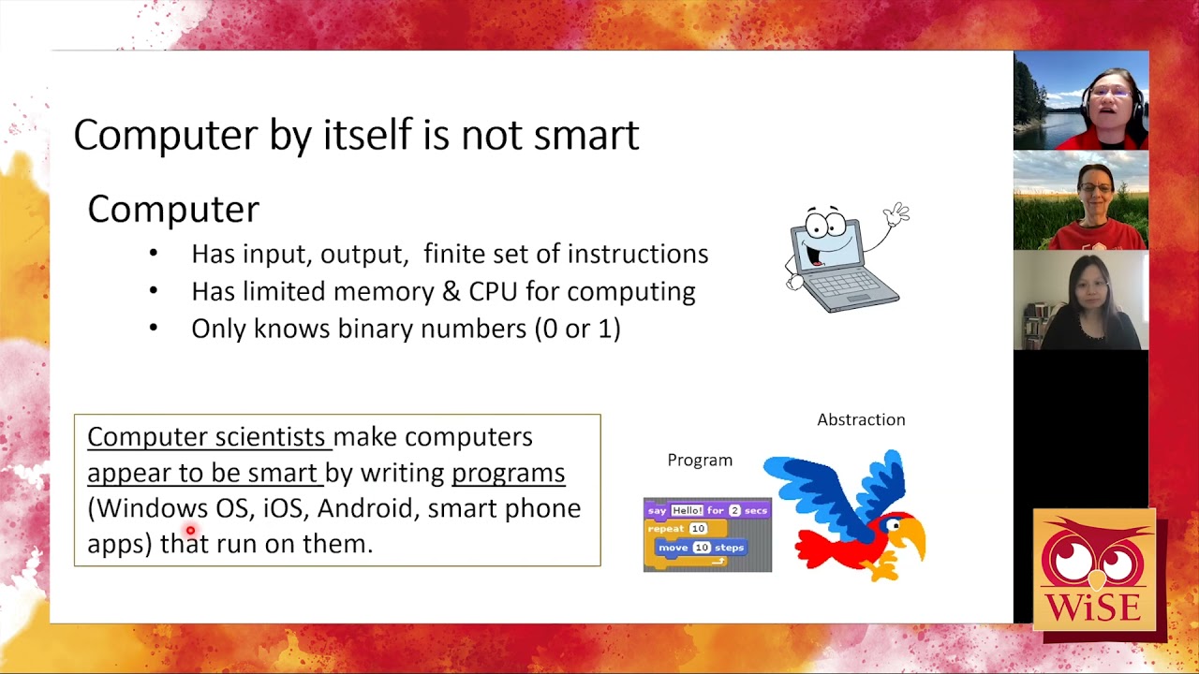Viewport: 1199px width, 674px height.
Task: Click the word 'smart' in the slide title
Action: tap(585, 135)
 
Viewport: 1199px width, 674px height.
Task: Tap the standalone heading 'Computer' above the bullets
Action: tap(173, 210)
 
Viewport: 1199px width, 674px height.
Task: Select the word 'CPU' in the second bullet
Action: tap(493, 291)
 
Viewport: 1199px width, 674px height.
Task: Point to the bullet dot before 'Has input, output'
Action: tap(154, 254)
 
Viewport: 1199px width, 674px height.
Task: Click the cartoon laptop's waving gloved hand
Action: tap(896, 214)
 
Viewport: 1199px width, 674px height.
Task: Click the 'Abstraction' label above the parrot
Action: tap(861, 419)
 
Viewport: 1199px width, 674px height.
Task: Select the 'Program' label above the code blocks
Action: tap(700, 460)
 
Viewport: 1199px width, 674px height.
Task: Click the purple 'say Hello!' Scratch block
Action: tap(707, 510)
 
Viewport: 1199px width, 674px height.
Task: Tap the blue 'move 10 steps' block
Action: tap(701, 548)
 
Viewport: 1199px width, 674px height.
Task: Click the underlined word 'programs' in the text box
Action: tap(508, 473)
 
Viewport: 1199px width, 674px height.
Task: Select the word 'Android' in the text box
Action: tap(365, 508)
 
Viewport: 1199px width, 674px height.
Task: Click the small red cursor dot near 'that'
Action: tap(190, 531)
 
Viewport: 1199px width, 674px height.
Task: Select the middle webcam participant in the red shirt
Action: tap(1092, 201)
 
